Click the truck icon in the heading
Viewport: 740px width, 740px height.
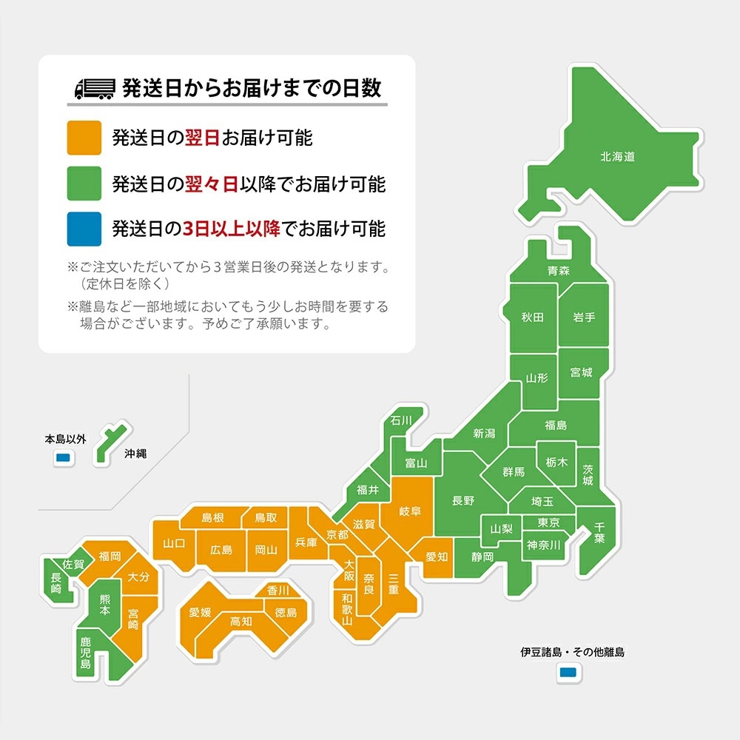(95, 89)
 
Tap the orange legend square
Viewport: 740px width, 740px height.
(84, 138)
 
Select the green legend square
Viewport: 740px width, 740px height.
(84, 184)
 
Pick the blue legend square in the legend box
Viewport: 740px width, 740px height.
(84, 229)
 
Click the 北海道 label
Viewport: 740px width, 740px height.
(617, 157)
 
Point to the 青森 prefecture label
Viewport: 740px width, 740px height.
(559, 271)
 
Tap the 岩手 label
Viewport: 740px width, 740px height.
(584, 317)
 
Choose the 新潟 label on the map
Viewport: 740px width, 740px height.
(484, 434)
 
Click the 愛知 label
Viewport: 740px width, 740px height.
(436, 556)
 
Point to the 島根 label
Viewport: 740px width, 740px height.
(212, 517)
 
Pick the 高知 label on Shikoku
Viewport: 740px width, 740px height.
(241, 622)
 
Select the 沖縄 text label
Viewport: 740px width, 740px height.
(135, 454)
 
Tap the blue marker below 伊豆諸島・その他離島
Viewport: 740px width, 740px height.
(568, 672)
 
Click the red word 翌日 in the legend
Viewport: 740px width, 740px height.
(201, 138)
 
